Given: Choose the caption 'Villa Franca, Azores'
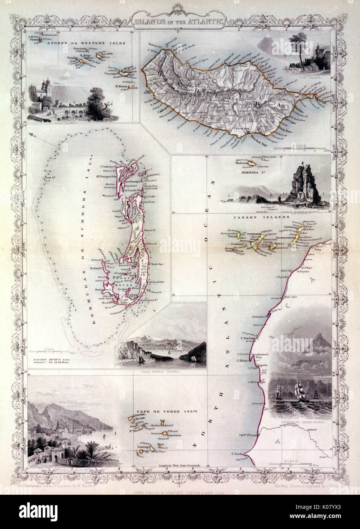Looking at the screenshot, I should (161, 370).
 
